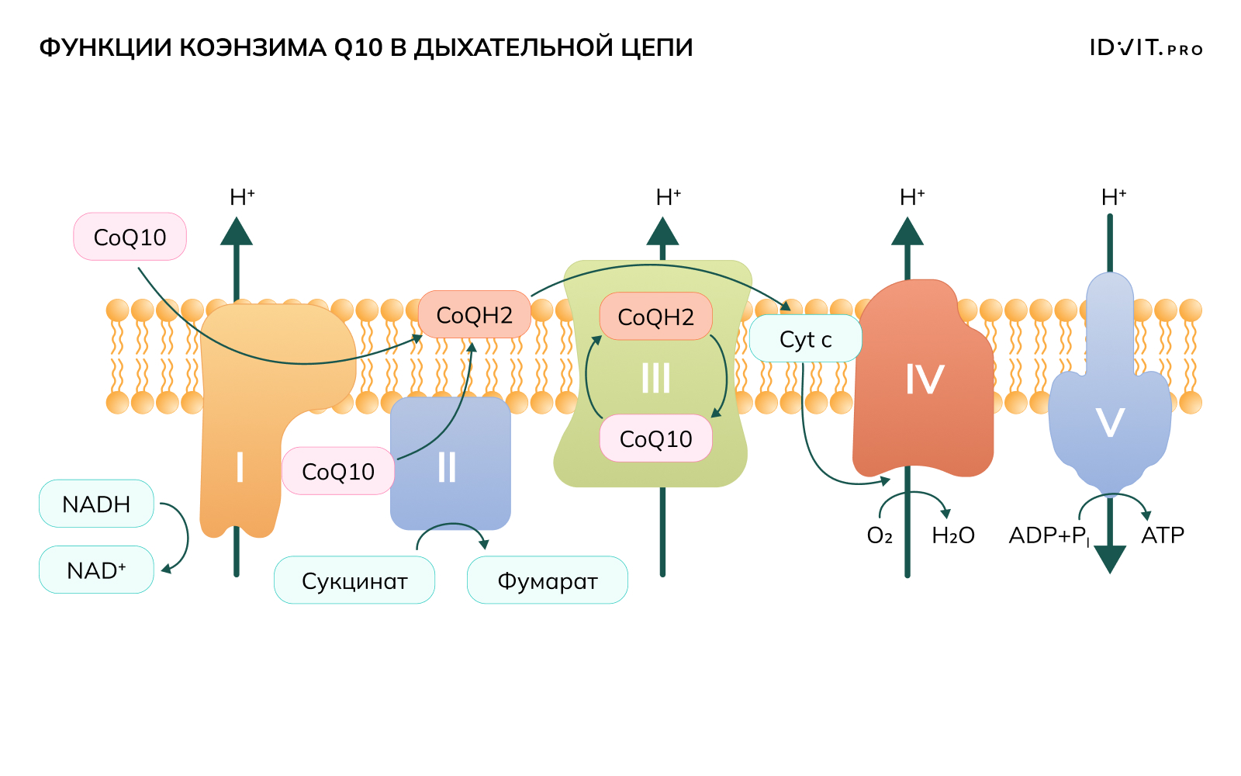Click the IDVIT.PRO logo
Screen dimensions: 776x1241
(1146, 48)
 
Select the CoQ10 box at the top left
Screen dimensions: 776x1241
(130, 237)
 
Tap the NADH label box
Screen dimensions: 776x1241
(96, 504)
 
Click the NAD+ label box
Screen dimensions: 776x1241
(96, 570)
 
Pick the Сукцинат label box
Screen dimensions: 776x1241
(354, 580)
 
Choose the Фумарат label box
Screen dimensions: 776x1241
(547, 580)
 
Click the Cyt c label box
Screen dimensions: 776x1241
(805, 339)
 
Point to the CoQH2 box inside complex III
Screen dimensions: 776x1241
(655, 317)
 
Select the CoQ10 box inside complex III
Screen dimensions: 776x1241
(655, 438)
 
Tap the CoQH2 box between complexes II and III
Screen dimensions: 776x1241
(474, 315)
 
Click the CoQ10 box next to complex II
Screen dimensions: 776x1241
(337, 471)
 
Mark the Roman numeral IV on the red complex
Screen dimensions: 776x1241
(924, 380)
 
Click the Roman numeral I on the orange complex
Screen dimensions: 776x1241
(240, 468)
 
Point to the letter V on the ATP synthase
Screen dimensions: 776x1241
(1110, 424)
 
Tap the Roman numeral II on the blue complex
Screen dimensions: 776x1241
(447, 468)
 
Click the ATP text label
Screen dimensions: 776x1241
(1163, 535)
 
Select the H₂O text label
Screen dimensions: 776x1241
(952, 535)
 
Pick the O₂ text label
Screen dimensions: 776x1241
(880, 535)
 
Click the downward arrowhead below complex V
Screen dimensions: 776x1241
(1110, 559)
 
